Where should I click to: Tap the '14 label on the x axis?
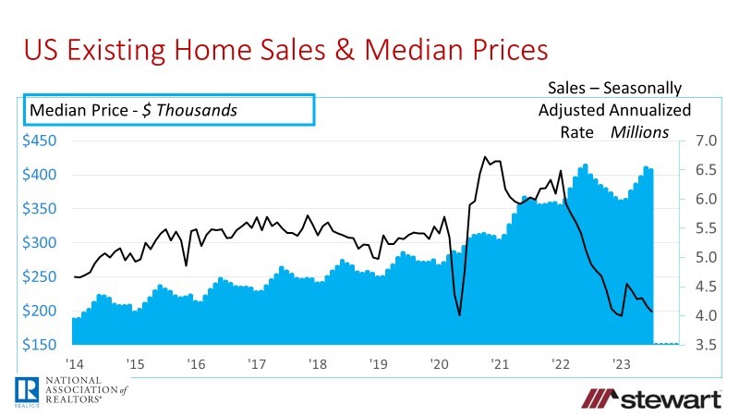tap(75, 362)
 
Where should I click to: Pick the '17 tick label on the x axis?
tap(257, 362)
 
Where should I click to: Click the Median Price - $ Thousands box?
tap(169, 110)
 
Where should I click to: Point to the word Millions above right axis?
tap(639, 132)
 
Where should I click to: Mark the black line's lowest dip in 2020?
tap(459, 315)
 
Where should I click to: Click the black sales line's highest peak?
tap(486, 157)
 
